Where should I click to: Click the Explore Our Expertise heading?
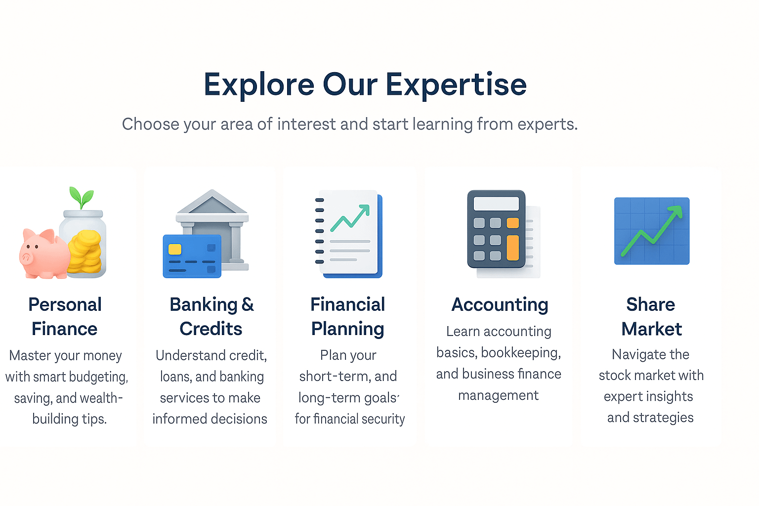(x=365, y=84)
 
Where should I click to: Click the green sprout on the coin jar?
(x=82, y=198)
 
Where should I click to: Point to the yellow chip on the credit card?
(x=175, y=249)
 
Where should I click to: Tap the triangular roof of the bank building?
(x=212, y=203)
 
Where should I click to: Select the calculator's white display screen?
(x=496, y=204)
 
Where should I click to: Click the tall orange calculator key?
(x=513, y=248)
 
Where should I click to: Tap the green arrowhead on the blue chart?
(x=675, y=211)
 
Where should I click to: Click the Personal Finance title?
(x=65, y=316)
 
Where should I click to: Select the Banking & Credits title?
(x=211, y=316)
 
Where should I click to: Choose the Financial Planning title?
(x=348, y=316)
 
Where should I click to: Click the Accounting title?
(x=500, y=304)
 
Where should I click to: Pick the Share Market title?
(x=651, y=316)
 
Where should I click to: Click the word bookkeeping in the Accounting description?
(x=520, y=353)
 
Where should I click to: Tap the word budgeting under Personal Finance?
(x=99, y=377)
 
